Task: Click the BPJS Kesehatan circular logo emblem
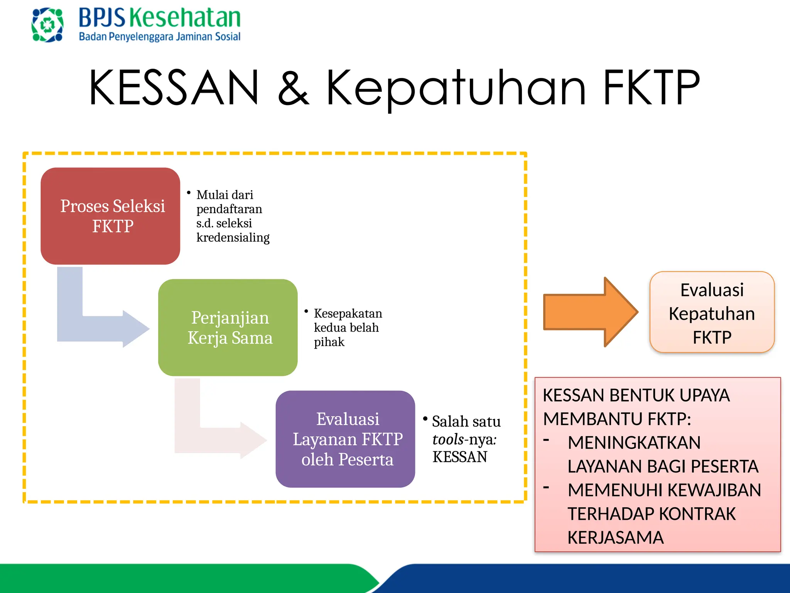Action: [x=47, y=25]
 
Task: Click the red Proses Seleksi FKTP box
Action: [x=110, y=216]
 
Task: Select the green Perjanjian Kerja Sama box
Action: [x=228, y=327]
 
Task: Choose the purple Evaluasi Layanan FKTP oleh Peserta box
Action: [x=345, y=439]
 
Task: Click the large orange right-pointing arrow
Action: [x=590, y=312]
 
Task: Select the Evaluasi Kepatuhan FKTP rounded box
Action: [x=712, y=313]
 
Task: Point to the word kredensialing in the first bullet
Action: [x=233, y=237]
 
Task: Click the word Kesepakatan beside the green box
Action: [x=348, y=313]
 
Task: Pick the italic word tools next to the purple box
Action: [x=448, y=439]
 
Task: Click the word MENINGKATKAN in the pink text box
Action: [x=634, y=443]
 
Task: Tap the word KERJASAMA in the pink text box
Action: [x=616, y=538]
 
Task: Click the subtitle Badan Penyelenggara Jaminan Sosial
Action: [x=160, y=37]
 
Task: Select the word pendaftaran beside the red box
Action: [x=229, y=209]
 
